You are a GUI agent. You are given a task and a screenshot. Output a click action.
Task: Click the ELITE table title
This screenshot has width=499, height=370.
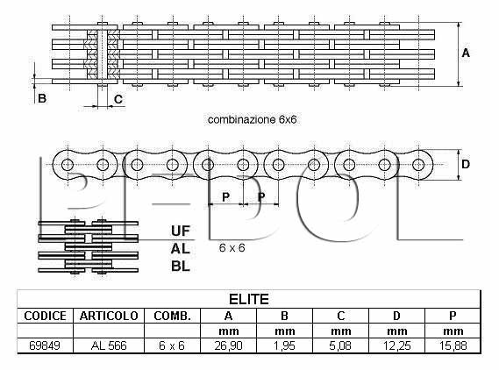point(249,299)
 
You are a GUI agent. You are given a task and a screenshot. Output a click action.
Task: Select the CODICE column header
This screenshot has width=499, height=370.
point(46,316)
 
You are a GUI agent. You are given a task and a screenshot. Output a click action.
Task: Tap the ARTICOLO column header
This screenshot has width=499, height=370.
point(109,316)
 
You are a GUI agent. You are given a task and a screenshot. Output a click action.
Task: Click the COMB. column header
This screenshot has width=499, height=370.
point(172,316)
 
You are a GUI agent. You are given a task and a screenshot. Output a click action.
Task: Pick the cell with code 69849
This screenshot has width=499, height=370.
point(45,345)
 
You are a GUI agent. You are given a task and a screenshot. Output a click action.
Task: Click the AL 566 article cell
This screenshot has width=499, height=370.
point(109,345)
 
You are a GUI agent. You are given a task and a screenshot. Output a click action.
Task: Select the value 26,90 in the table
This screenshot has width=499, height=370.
point(229,345)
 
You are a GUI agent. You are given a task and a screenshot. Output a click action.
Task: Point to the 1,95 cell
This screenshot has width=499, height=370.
point(284,345)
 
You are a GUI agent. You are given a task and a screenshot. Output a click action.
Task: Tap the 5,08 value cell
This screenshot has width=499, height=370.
point(340,345)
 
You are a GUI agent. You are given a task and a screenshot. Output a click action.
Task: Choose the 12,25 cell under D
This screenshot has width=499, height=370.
point(396,345)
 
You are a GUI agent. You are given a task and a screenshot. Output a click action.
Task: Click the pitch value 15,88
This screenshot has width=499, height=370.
point(453,345)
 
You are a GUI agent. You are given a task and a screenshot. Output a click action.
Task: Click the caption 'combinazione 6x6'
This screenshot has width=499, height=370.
point(252,119)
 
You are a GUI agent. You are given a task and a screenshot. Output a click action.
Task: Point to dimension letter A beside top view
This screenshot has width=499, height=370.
point(466,53)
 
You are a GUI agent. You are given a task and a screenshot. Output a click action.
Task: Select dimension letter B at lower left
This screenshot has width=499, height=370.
point(42,98)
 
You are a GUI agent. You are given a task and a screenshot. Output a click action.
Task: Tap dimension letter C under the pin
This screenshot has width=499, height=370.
point(118,99)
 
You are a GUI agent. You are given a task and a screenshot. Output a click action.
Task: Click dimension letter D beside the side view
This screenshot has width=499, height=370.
point(466,164)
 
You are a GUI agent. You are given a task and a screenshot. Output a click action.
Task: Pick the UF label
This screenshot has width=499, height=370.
point(181,231)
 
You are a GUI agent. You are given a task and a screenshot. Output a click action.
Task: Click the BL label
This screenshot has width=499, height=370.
point(181,266)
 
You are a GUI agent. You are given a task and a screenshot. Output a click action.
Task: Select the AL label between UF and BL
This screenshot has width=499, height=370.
point(181,248)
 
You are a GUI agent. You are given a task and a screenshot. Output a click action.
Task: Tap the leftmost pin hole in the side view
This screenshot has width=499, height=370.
point(68,165)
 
